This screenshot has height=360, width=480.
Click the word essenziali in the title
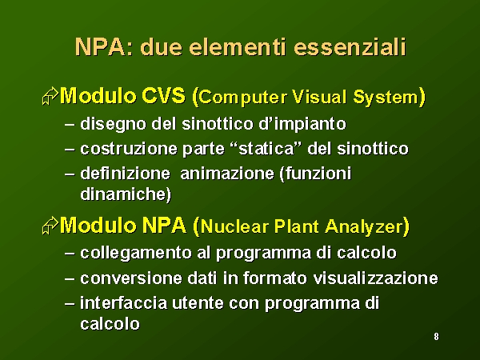coord(350,48)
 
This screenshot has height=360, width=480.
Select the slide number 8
coord(436,337)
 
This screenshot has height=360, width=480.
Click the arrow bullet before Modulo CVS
coord(50,96)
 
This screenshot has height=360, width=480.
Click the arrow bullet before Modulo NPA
coord(50,226)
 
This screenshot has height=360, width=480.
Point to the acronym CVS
coord(163,96)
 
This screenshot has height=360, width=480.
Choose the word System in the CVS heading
coord(386,98)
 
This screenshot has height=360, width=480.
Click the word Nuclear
coord(234,227)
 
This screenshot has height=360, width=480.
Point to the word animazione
coord(227,174)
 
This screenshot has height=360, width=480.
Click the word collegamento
coord(136,254)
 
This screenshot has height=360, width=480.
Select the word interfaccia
coord(124,302)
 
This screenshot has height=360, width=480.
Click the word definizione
coord(125,174)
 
